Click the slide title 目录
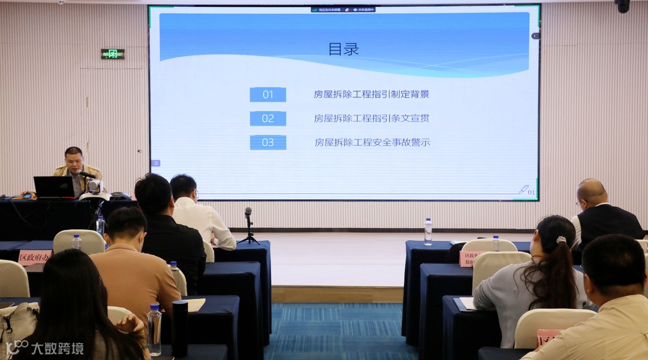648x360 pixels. point(343,49)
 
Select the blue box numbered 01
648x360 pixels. point(268,94)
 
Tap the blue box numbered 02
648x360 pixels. point(268,118)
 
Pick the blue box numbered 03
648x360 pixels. point(268,142)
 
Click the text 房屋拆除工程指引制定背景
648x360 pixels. point(371,94)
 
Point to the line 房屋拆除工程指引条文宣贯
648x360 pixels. point(371,118)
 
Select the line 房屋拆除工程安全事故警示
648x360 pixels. point(372,142)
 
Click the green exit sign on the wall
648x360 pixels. point(112,54)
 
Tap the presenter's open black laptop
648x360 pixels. point(54,187)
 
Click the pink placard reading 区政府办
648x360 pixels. point(35,257)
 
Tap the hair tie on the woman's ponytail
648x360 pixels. point(561,240)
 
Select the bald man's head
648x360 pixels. point(592,192)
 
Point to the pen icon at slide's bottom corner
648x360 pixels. point(523,190)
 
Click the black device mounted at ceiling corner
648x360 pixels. point(622,5)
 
